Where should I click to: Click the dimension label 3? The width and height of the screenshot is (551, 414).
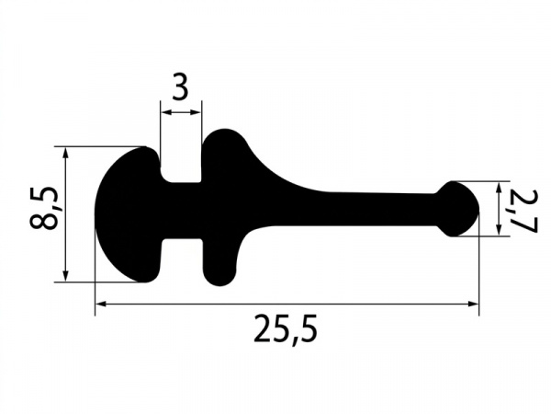[181, 86]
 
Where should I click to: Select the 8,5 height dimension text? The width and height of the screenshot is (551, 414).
[43, 209]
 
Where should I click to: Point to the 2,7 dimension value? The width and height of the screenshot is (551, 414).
[523, 212]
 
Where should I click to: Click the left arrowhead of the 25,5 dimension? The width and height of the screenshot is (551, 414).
[101, 305]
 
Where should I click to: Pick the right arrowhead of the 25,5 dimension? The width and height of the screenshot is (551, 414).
[473, 305]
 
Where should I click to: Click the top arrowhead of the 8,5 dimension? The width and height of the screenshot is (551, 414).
[65, 152]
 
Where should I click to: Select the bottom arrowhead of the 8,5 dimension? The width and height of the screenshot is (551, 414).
[65, 276]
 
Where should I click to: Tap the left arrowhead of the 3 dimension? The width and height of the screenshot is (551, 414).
[166, 112]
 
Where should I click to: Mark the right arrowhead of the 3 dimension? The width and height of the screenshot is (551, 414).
[197, 112]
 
